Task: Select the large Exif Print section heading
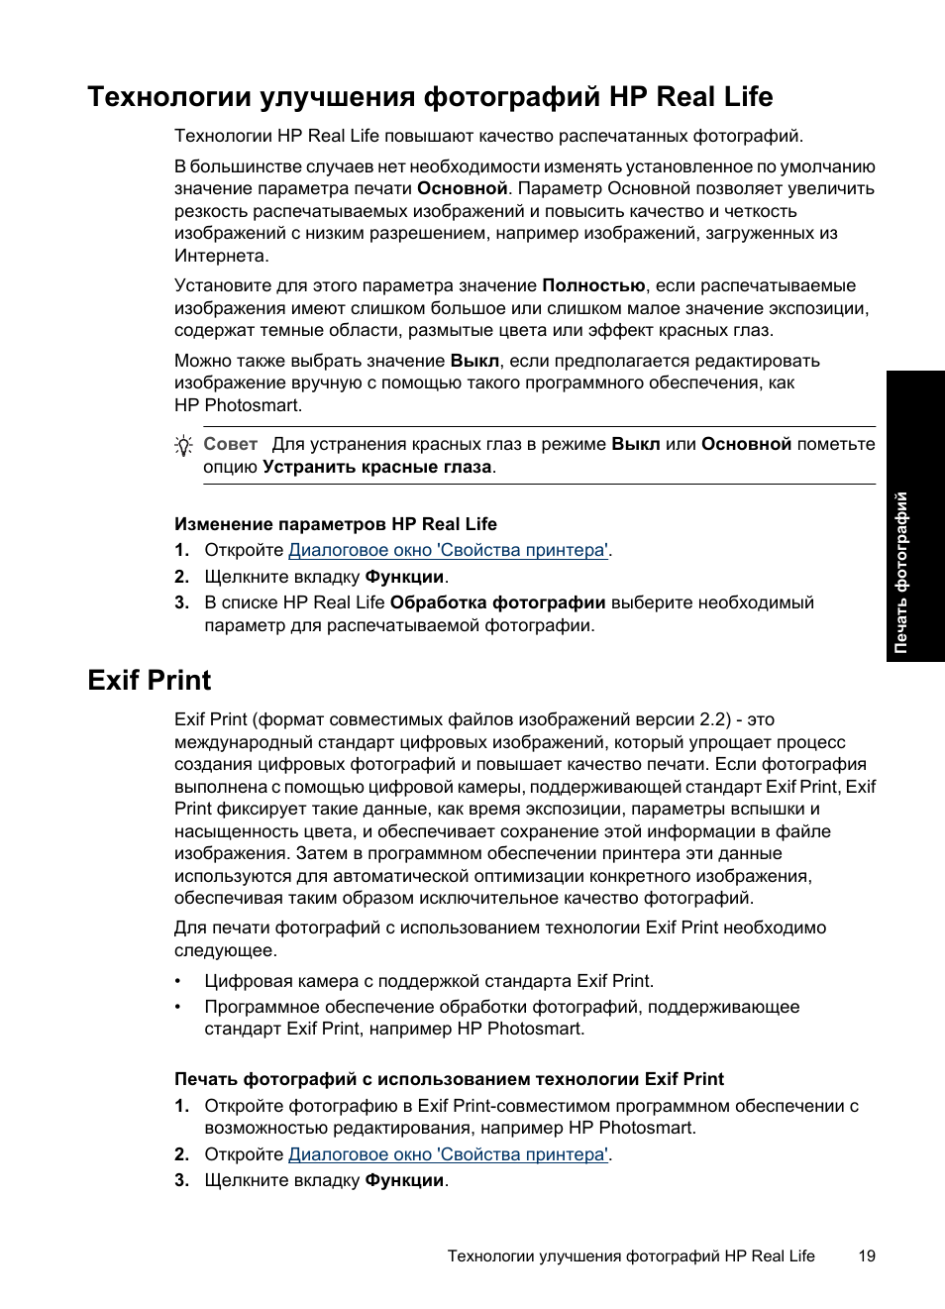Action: coord(150,681)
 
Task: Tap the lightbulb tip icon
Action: coord(183,446)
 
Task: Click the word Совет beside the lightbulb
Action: coord(230,444)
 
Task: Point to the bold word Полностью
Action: coord(593,285)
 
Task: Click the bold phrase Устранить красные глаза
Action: coord(377,467)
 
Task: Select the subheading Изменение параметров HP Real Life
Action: coord(336,524)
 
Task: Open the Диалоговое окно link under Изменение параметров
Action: coord(448,550)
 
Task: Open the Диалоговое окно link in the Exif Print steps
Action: coord(448,1154)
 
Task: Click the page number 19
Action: coord(867,1256)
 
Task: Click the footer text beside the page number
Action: coord(631,1256)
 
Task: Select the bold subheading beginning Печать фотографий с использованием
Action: coord(449,1079)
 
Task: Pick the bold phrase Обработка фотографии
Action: coord(497,602)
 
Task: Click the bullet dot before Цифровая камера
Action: coord(179,982)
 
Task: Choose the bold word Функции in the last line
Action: coord(404,1180)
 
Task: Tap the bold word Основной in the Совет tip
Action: coord(746,444)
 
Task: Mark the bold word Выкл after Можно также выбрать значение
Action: coord(474,361)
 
